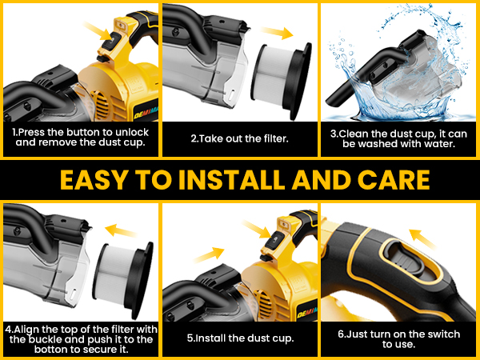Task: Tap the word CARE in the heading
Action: tap(394, 180)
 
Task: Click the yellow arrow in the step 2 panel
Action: tap(277, 33)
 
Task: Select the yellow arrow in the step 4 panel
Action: tap(121, 230)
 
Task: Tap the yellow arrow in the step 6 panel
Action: tap(422, 239)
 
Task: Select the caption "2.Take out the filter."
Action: tap(240, 138)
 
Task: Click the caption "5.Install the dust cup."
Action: tap(240, 338)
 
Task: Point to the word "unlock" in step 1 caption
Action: tap(132, 132)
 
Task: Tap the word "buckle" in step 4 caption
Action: tap(46, 339)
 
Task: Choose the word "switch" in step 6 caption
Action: tap(442, 334)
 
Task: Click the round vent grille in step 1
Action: tap(98, 105)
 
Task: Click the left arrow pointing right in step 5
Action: tap(209, 254)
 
